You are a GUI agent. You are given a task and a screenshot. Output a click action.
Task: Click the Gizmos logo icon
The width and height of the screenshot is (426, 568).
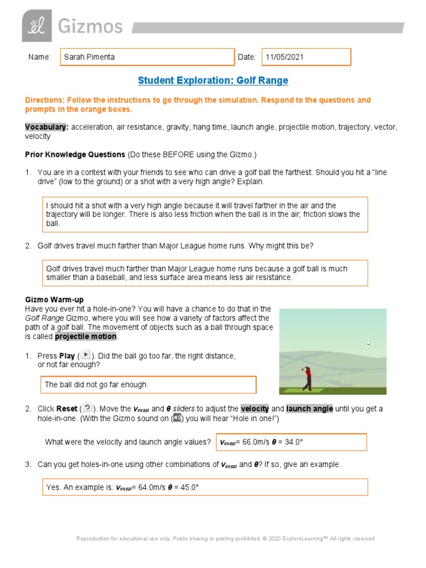(37, 26)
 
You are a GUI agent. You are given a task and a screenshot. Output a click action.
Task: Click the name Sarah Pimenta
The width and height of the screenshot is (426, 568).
(90, 57)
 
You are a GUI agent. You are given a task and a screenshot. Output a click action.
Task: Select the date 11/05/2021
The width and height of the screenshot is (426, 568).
(285, 57)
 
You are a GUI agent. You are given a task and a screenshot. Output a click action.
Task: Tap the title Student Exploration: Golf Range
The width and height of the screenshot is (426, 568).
(213, 80)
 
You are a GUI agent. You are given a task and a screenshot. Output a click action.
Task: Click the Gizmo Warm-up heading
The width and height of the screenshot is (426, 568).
(54, 300)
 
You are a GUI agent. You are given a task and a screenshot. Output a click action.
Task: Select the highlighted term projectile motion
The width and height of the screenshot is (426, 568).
(85, 337)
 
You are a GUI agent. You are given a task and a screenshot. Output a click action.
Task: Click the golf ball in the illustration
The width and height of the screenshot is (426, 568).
(368, 343)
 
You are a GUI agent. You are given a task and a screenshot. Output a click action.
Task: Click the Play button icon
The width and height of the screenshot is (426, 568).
(85, 355)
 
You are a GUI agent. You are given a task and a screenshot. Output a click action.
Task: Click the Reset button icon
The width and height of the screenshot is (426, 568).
(88, 408)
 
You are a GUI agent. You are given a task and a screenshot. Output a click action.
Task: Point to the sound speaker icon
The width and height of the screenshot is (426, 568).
(177, 418)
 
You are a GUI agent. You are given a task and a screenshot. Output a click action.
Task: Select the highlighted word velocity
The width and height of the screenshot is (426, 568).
(255, 409)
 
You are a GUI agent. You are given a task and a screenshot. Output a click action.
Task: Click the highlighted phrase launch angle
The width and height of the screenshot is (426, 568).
(310, 409)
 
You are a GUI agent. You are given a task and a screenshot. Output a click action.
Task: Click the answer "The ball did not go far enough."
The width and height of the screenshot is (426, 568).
(97, 384)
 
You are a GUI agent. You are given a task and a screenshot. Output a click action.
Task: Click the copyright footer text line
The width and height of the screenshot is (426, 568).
(225, 539)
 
